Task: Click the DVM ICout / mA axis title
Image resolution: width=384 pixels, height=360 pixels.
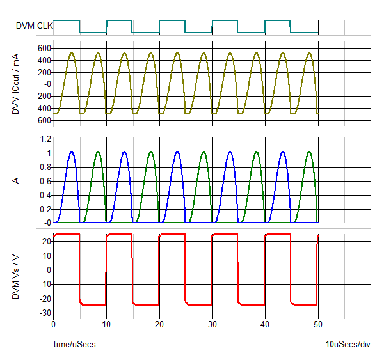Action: tap(16, 84)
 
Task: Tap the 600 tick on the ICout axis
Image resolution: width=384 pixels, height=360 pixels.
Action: tap(44, 49)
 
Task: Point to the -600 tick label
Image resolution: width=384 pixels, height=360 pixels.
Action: tap(42, 120)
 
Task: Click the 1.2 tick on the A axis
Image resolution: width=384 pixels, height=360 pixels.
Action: tap(45, 139)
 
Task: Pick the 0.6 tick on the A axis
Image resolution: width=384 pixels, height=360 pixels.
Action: tap(45, 181)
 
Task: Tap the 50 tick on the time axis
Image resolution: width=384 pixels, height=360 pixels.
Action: tap(318, 324)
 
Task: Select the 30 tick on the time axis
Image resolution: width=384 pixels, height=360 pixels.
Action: tap(212, 324)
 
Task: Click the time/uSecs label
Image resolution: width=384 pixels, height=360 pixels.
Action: tap(74, 345)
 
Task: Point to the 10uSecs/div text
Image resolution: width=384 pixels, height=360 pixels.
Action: tap(348, 345)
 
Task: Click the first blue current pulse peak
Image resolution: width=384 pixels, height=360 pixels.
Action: tap(71, 152)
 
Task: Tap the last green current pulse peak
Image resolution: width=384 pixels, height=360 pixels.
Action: tap(309, 152)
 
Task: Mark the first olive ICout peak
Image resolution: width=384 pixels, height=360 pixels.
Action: tap(71, 53)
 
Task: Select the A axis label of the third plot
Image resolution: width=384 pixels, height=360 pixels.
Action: tap(16, 181)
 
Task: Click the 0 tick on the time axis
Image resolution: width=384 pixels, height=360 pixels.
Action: tap(54, 324)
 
